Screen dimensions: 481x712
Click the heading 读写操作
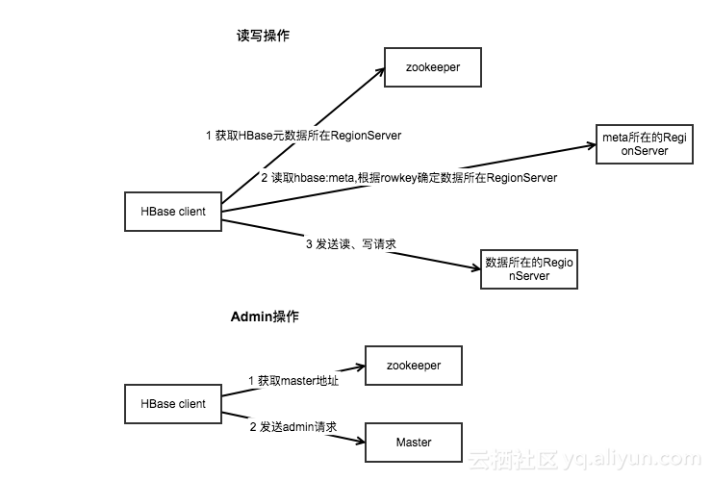[x=263, y=36]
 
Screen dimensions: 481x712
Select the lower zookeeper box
[x=415, y=366]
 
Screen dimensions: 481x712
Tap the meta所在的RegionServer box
[x=644, y=144]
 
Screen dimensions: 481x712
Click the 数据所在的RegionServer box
[x=529, y=268]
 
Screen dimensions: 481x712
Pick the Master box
[x=415, y=442]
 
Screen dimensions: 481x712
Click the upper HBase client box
[x=173, y=212]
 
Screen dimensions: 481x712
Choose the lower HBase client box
[x=173, y=403]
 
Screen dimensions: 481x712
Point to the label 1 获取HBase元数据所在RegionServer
[x=304, y=136]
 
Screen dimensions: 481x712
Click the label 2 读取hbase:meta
[x=409, y=178]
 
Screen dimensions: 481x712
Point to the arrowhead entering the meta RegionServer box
[x=590, y=146]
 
